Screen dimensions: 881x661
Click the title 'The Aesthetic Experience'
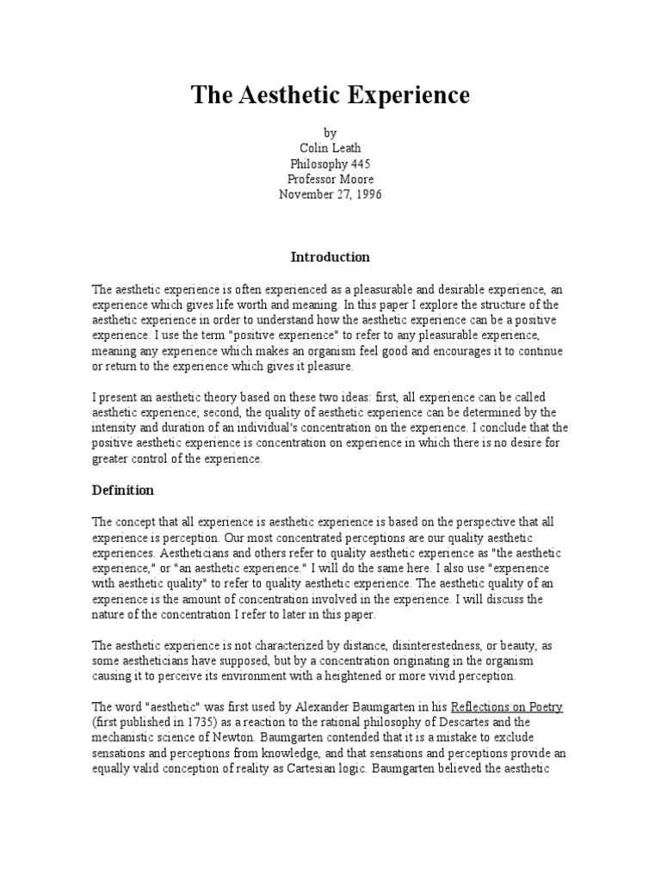point(330,95)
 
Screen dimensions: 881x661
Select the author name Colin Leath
point(330,147)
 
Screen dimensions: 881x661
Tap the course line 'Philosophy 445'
point(330,163)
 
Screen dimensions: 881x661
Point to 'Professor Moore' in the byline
point(330,178)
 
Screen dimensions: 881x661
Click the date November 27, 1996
point(330,194)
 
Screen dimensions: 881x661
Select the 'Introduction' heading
point(330,256)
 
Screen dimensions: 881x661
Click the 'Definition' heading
point(122,490)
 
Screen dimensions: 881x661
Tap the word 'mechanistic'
point(127,738)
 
